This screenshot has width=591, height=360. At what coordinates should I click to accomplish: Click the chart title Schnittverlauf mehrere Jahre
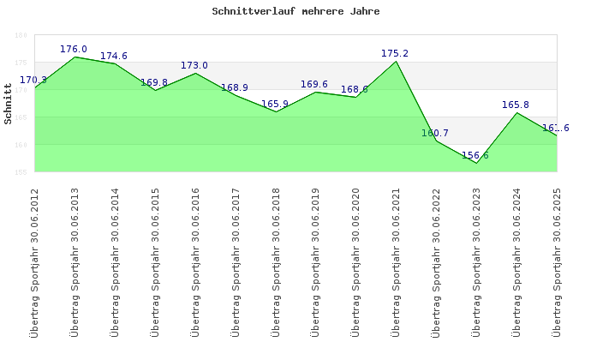tap(295, 12)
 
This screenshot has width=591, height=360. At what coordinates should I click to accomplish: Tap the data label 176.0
tap(74, 49)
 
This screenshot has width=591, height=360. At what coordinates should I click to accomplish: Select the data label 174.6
tap(114, 56)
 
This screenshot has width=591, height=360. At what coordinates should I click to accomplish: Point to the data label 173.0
tap(194, 65)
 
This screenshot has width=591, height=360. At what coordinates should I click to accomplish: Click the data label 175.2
tap(395, 53)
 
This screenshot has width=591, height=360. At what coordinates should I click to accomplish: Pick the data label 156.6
tap(475, 155)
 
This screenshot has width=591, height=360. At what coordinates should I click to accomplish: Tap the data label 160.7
tap(435, 133)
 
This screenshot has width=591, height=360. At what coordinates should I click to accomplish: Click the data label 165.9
tap(275, 104)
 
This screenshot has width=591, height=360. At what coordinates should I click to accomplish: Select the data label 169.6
tap(314, 84)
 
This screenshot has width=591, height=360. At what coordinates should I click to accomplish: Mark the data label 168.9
tap(235, 87)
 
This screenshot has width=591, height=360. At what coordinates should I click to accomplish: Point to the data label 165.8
tap(516, 105)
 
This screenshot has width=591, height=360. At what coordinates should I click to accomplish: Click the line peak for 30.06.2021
tap(396, 61)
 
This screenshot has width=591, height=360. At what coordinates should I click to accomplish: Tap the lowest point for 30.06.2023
tap(476, 163)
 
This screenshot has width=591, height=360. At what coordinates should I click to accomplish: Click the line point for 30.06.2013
tap(75, 57)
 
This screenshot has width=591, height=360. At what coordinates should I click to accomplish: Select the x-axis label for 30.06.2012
tap(35, 261)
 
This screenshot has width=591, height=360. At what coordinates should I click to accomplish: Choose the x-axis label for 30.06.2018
tap(276, 261)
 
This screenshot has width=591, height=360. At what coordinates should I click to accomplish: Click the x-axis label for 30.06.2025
tap(557, 261)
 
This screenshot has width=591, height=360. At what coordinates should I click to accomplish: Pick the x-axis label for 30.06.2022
tap(436, 261)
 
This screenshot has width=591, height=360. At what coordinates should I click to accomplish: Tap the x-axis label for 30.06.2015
tap(155, 261)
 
